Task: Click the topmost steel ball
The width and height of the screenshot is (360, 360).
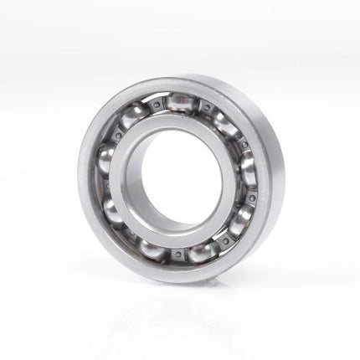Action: click(x=182, y=102)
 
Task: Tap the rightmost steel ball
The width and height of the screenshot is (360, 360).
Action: click(x=249, y=168)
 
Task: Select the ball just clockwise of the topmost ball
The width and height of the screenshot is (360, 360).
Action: click(x=224, y=123)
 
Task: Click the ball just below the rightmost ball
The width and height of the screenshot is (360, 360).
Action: click(x=239, y=219)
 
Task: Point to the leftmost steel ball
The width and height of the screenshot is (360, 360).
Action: click(x=106, y=157)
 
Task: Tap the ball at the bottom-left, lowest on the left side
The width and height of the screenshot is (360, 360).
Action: click(x=152, y=248)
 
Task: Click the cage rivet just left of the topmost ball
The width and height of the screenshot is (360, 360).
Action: click(x=157, y=104)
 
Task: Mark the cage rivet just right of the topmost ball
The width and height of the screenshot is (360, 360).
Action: click(x=206, y=107)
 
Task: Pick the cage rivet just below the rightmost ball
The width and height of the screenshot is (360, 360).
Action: click(x=249, y=197)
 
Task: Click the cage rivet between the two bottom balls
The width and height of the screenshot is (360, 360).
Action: click(x=177, y=255)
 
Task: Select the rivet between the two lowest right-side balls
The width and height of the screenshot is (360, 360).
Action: click(x=224, y=241)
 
